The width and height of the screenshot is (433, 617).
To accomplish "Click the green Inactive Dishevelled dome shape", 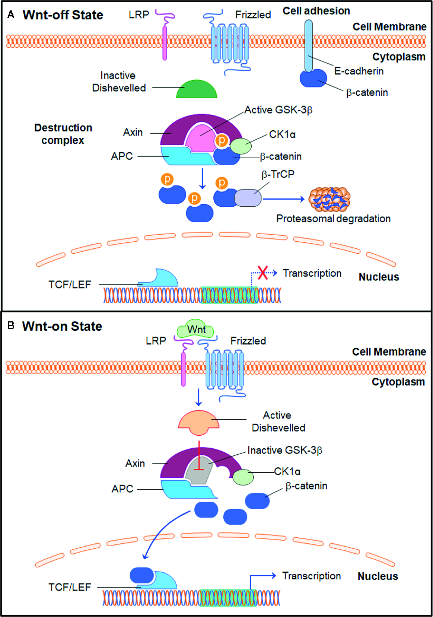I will tap(197, 90).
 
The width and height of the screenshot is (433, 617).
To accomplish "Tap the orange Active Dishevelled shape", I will tap(199, 421).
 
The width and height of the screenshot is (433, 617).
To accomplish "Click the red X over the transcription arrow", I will tap(263, 273).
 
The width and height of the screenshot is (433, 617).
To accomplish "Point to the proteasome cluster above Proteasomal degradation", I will tap(329, 200).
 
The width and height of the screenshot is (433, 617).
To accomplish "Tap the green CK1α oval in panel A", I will tap(241, 146).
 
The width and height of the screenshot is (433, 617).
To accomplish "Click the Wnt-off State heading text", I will tap(63, 15).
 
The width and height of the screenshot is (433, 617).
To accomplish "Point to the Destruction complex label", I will tap(63, 134).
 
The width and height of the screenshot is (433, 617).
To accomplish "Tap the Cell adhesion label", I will tap(316, 11).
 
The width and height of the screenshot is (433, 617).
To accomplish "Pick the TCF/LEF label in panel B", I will tap(70, 587).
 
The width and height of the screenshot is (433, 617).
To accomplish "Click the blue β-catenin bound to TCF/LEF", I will tap(141, 575).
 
